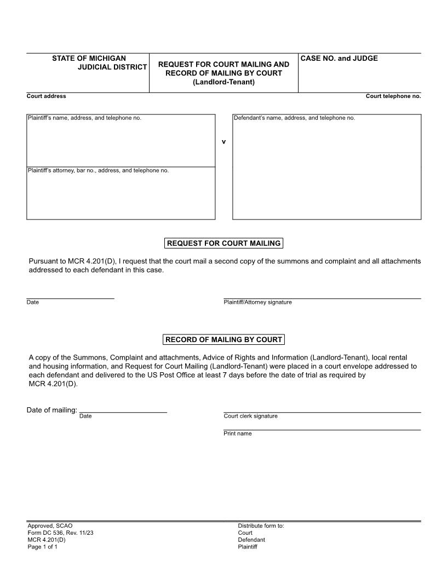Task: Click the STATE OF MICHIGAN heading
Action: (x=89, y=58)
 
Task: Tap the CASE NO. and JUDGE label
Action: (x=339, y=59)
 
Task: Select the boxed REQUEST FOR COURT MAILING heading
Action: (x=224, y=243)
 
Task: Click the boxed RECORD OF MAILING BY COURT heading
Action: (x=224, y=339)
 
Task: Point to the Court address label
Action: (x=46, y=96)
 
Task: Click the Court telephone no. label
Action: (x=393, y=96)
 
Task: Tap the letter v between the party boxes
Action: (x=224, y=142)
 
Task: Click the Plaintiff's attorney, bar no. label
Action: (x=98, y=170)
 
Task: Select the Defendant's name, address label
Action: (x=294, y=118)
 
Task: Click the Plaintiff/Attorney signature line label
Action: (x=257, y=302)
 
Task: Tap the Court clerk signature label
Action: (x=250, y=416)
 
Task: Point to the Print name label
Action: (x=237, y=433)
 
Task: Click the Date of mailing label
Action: (x=52, y=410)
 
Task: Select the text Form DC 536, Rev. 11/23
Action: (x=60, y=533)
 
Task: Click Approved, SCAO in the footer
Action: (x=50, y=525)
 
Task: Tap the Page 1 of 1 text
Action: (x=42, y=547)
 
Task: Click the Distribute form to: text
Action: (x=261, y=525)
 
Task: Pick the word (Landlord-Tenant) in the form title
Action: (x=224, y=82)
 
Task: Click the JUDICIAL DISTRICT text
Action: (x=112, y=67)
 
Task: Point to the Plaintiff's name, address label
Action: (x=84, y=118)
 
